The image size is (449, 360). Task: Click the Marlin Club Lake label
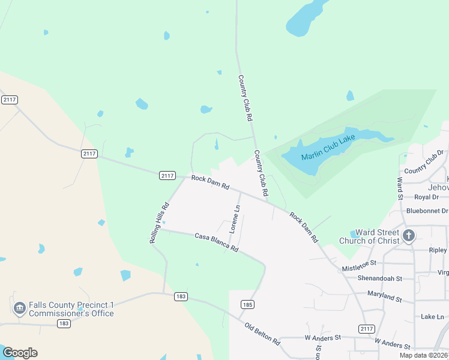pos(328,148)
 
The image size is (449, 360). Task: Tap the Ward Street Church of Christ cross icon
pos(409,235)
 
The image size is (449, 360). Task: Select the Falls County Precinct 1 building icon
pos(19,308)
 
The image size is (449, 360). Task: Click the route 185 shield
pos(247,305)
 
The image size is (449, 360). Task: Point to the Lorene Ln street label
pos(235,219)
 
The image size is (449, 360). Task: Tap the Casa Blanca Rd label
pos(217,242)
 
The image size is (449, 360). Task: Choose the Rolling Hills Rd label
pos(160,223)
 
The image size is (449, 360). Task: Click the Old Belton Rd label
pos(262,334)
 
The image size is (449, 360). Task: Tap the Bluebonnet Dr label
pos(427,211)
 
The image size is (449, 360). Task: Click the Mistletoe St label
pos(359,266)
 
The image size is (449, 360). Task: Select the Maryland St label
pos(384,296)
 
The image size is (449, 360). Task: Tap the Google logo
pos(20,353)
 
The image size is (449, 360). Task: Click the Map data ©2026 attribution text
pos(423,355)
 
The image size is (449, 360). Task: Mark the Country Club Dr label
pos(423,163)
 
